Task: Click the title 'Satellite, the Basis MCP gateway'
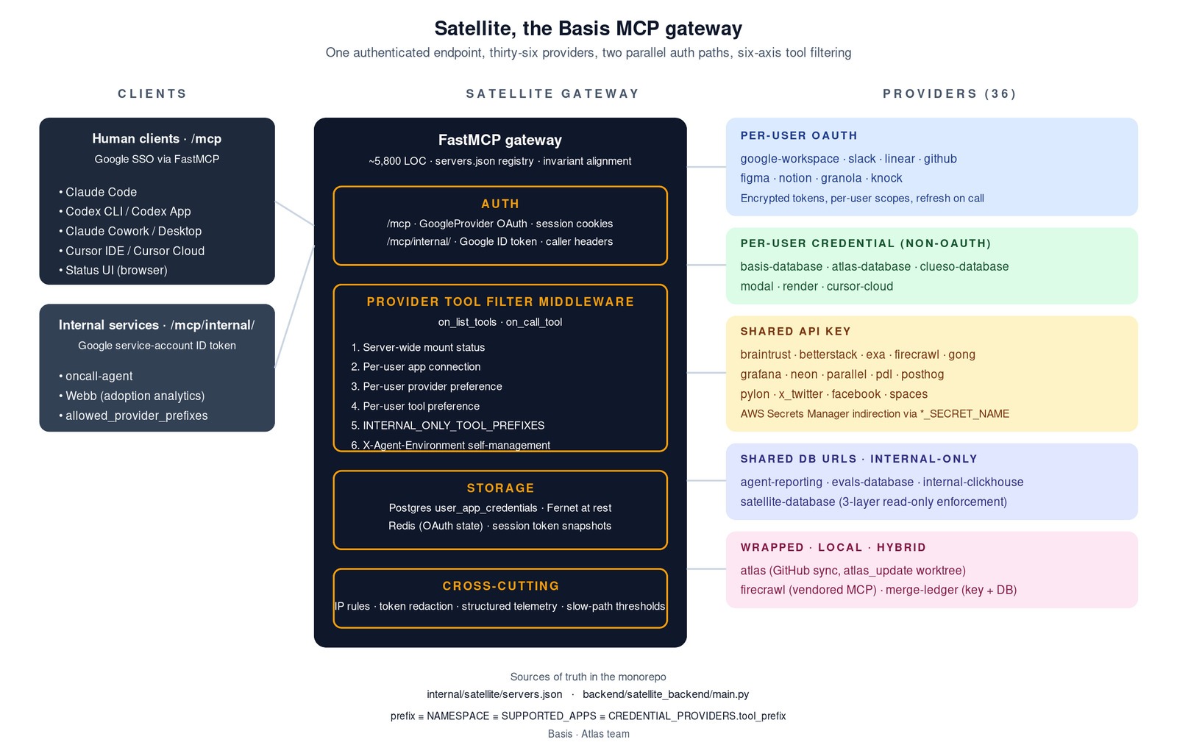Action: (588, 29)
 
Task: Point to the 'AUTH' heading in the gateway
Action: (500, 204)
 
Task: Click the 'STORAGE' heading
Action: (500, 488)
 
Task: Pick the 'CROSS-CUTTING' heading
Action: (501, 586)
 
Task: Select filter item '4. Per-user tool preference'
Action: (415, 406)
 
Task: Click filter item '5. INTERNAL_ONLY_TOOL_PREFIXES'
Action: (448, 426)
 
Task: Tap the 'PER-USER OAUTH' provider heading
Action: (799, 135)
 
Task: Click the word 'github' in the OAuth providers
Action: (940, 159)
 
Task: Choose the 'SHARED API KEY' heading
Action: (795, 332)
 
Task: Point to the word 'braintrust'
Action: (765, 354)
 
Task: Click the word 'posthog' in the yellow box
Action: (922, 374)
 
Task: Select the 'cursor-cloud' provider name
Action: (860, 286)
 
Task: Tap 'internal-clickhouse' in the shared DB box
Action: (973, 482)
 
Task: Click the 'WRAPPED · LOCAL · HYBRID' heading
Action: (833, 547)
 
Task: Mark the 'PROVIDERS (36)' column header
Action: (950, 93)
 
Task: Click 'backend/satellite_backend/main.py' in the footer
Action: (666, 694)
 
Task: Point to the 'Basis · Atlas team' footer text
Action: (588, 734)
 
